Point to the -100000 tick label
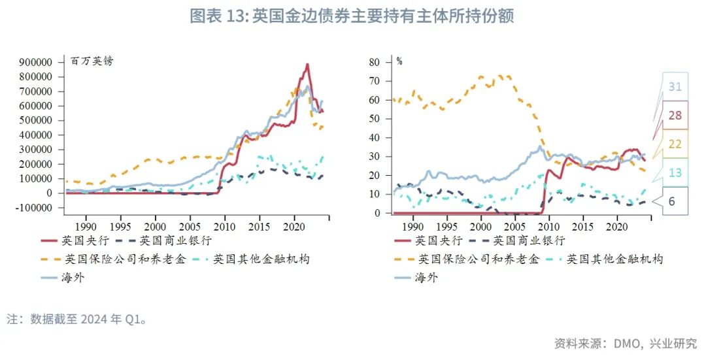tap(34, 207)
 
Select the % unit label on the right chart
tap(399, 61)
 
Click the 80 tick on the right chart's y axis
tap(374, 62)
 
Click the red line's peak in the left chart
tap(307, 65)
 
